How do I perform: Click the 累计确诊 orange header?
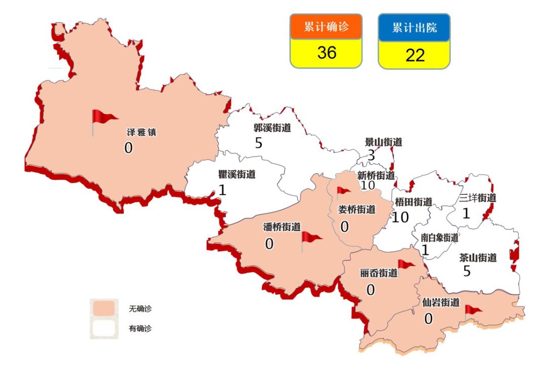[326, 27]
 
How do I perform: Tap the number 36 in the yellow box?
[326, 53]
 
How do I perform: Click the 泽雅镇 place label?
[141, 133]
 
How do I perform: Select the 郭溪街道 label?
[272, 128]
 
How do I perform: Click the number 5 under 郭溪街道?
[258, 143]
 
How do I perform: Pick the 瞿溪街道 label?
[237, 175]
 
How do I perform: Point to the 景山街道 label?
[383, 142]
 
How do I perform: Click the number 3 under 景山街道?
[371, 155]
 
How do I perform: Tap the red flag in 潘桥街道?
[310, 239]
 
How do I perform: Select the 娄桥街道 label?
[357, 209]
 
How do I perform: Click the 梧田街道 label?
[413, 202]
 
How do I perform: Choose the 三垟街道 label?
[477, 198]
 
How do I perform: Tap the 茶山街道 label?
[478, 257]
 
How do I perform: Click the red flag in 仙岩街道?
[473, 309]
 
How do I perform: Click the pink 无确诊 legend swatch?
[104, 308]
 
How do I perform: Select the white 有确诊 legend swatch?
[104, 328]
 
